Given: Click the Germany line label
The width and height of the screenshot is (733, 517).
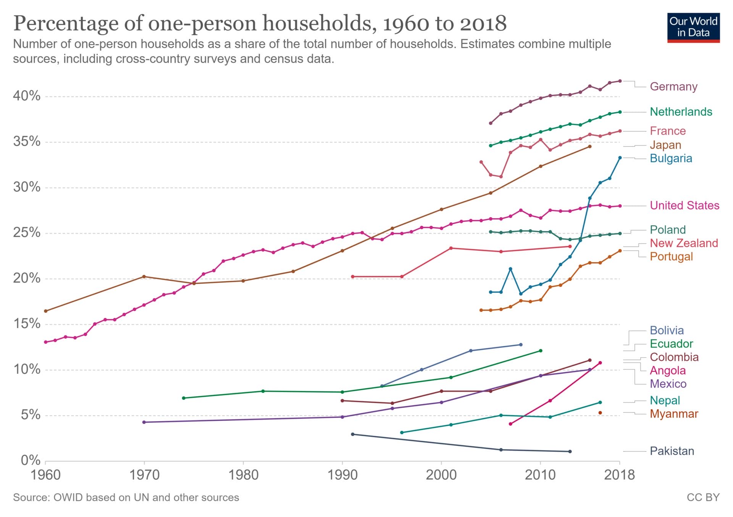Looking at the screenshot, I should coord(673,87).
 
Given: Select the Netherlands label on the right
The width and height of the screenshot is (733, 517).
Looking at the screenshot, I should coord(681,112).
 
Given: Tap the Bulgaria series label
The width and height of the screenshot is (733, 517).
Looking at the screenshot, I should coord(671,158).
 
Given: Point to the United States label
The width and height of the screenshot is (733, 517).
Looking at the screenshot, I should coord(685,206).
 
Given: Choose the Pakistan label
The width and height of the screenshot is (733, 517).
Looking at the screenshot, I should coord(672,451).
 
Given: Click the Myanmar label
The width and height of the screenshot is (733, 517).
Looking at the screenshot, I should coord(674,414).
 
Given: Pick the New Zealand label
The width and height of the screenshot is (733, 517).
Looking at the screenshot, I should coord(684,243).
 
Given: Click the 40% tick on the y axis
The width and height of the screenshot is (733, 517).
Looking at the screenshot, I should coord(27,96).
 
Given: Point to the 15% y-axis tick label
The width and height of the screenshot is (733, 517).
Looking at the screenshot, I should coord(27,324).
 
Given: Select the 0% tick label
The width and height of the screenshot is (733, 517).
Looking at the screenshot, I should coord(31,461).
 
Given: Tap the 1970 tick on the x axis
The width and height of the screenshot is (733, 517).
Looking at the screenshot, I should coord(144,475).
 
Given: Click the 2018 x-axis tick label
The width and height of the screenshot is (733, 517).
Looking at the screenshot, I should coord(619,475).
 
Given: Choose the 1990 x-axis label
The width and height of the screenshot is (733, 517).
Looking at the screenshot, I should coord(342,475).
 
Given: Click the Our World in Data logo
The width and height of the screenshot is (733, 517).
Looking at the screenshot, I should coord(693,27).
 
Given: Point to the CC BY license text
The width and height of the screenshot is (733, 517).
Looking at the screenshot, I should coord(703,498).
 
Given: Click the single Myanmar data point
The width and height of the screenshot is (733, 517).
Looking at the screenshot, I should coord(600,413).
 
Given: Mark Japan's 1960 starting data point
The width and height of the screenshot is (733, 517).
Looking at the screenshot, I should coord(46,311).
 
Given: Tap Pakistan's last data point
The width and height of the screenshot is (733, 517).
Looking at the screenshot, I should coord(570,451).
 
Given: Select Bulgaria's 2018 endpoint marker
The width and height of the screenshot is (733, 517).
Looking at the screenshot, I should coord(620,158).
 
